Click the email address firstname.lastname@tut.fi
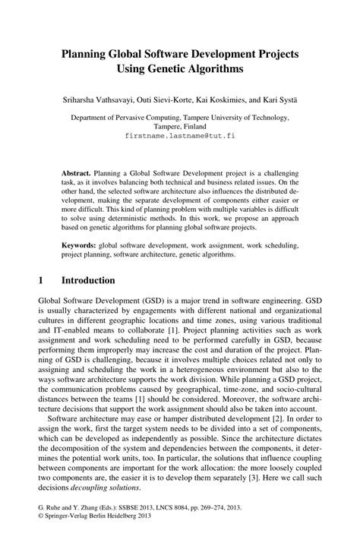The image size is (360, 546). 179,136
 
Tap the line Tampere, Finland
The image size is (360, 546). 179,127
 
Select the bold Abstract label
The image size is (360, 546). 77,174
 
